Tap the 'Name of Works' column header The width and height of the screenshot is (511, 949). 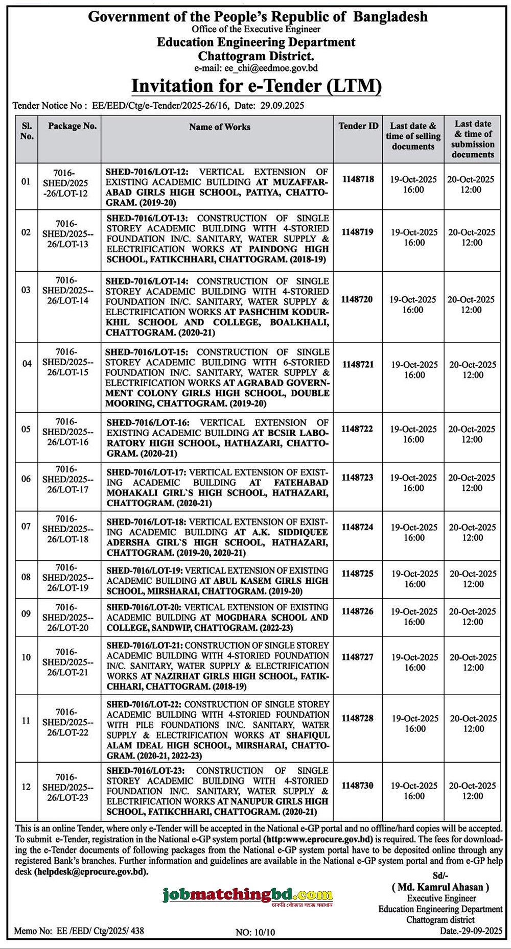(x=220, y=127)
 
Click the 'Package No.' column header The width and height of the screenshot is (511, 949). (x=72, y=126)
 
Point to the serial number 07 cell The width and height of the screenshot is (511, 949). (x=26, y=526)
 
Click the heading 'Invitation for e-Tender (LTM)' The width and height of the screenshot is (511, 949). (x=257, y=85)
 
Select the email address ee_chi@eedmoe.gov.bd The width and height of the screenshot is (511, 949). (x=270, y=68)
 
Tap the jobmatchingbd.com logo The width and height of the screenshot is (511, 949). (x=247, y=895)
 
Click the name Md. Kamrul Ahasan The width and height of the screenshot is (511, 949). (x=440, y=887)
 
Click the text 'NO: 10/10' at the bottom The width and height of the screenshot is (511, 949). (x=255, y=932)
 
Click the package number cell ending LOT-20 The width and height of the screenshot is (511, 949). (x=72, y=617)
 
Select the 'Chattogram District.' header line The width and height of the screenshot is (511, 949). (x=256, y=55)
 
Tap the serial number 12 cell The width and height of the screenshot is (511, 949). (x=26, y=787)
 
